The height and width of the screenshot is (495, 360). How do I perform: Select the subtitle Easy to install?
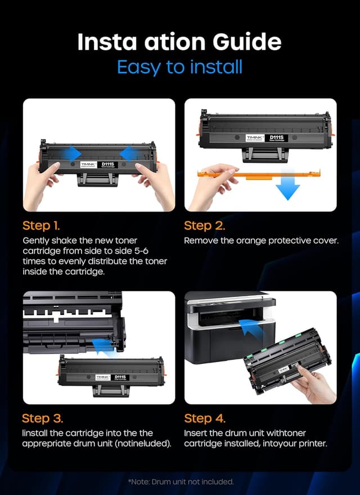point(180,67)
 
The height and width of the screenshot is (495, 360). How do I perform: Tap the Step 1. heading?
point(40,226)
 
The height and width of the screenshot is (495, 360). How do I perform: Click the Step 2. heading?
point(205,226)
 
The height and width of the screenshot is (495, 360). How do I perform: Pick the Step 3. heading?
point(42,418)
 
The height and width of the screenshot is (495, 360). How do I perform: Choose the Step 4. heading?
point(205,418)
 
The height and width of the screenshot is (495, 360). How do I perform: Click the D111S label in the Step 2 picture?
point(276,137)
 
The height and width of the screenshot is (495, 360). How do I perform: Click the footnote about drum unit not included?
point(180,481)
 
